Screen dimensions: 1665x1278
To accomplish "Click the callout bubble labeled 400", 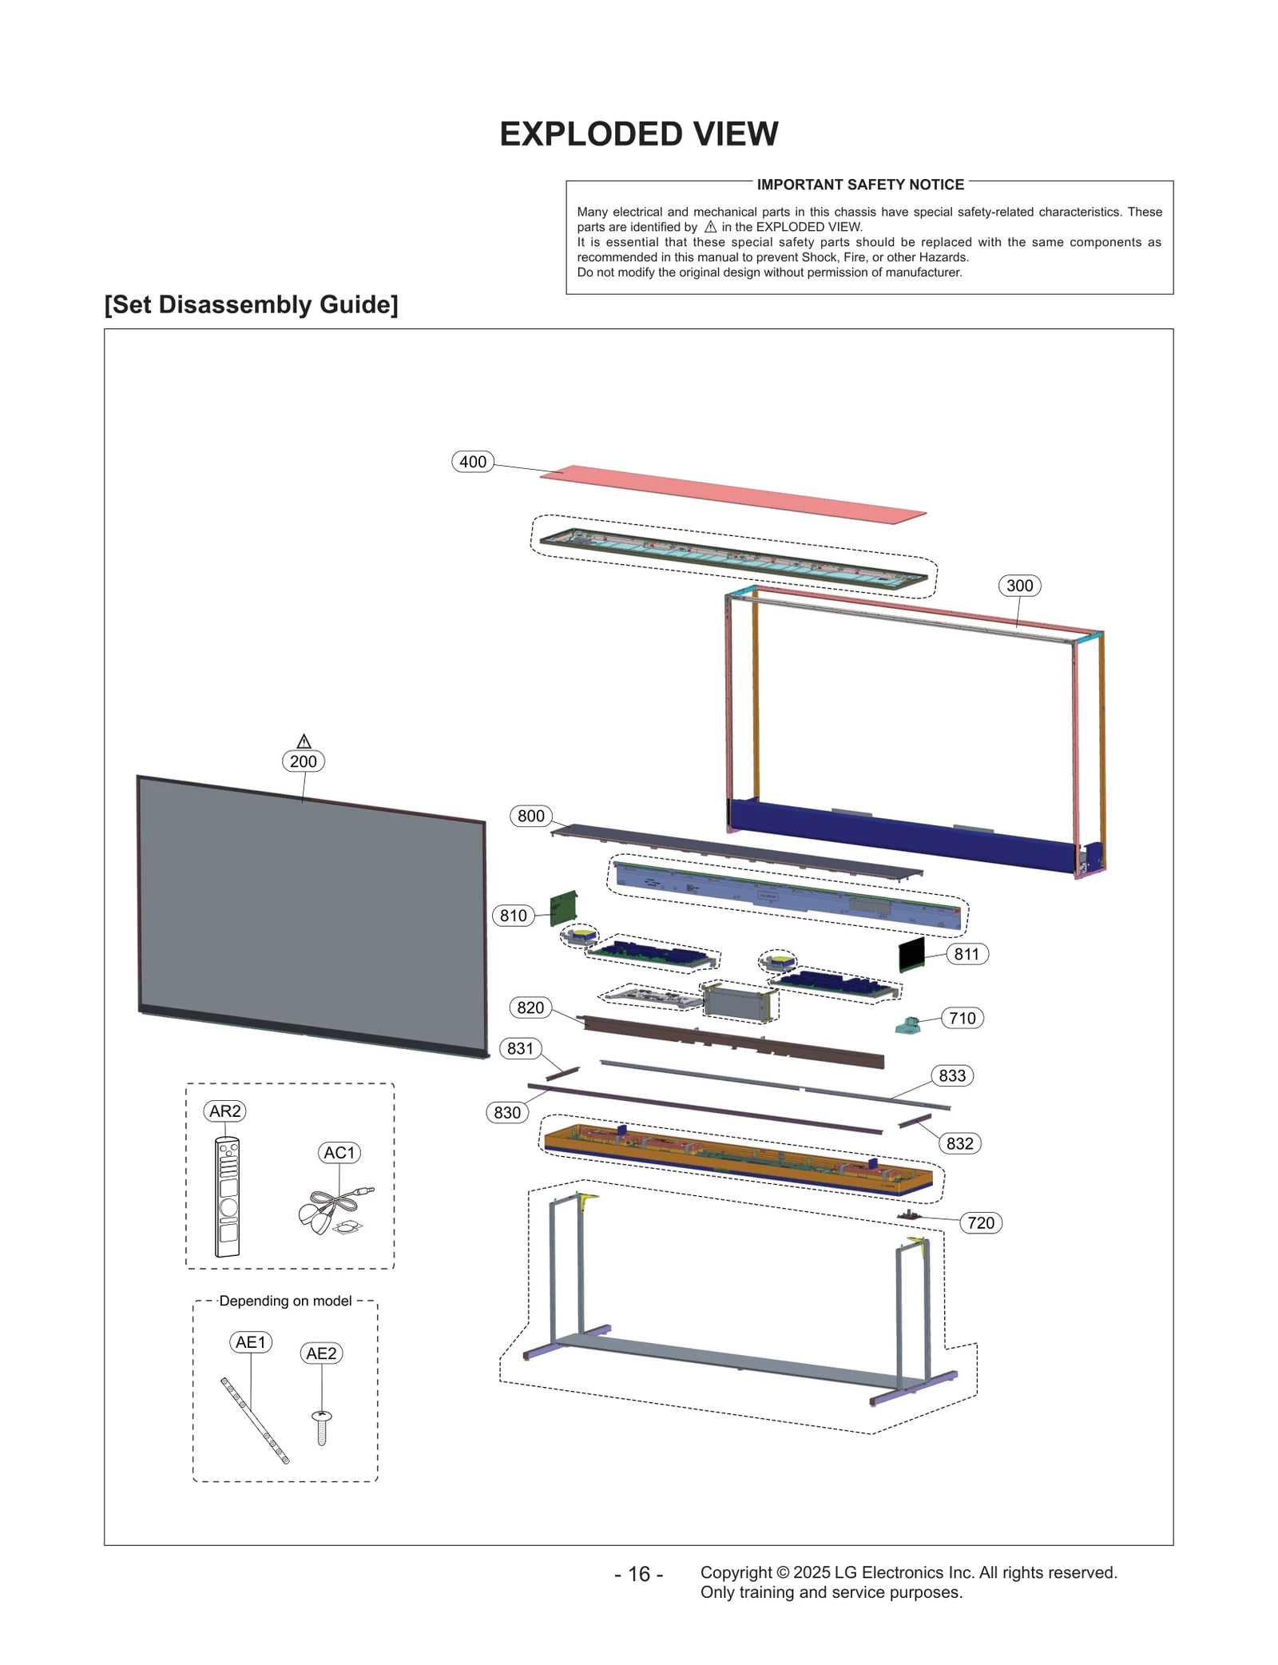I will tap(473, 462).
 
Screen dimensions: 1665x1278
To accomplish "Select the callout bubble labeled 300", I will tap(1019, 586).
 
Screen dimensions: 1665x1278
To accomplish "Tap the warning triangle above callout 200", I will tap(304, 741).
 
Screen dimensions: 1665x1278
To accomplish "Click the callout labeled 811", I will tap(966, 954).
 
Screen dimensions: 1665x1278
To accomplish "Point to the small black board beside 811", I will tap(911, 954).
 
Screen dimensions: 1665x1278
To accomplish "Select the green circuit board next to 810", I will tap(564, 908).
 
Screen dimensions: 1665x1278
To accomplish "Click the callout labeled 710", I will tap(962, 1018).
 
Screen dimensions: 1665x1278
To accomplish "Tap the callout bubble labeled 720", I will tap(981, 1222).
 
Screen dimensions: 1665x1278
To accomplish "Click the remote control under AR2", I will tap(228, 1197).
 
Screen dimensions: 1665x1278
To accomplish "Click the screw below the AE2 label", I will tap(322, 1427).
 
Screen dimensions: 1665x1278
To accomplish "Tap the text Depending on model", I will tap(285, 1301).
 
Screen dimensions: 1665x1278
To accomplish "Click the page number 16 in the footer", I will tap(638, 1574).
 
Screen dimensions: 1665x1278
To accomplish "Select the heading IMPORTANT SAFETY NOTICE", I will tap(860, 185).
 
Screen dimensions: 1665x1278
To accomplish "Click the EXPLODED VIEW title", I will tap(638, 134).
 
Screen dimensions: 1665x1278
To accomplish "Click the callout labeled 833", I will tap(952, 1075).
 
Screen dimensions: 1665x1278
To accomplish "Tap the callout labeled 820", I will tap(530, 1007).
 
